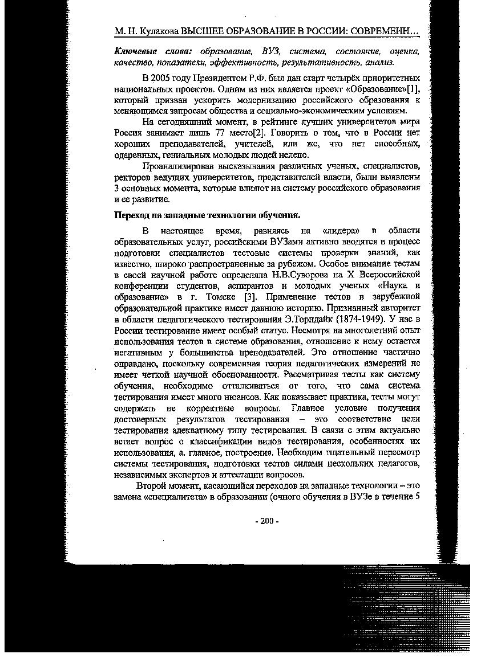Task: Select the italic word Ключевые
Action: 134,51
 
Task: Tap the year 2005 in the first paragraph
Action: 161,78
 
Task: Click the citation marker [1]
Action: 413,89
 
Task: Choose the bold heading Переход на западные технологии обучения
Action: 207,215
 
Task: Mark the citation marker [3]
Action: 249,297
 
